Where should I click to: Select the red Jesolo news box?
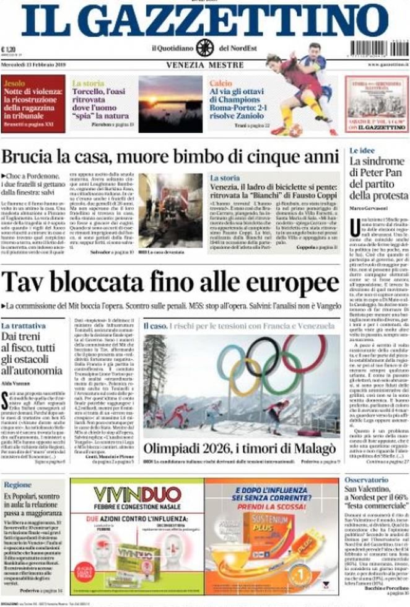33,104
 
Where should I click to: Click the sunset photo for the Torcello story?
170,104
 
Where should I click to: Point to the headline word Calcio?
220,82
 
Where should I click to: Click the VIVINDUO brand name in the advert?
137,494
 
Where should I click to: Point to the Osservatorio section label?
367,479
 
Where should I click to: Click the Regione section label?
17,484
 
